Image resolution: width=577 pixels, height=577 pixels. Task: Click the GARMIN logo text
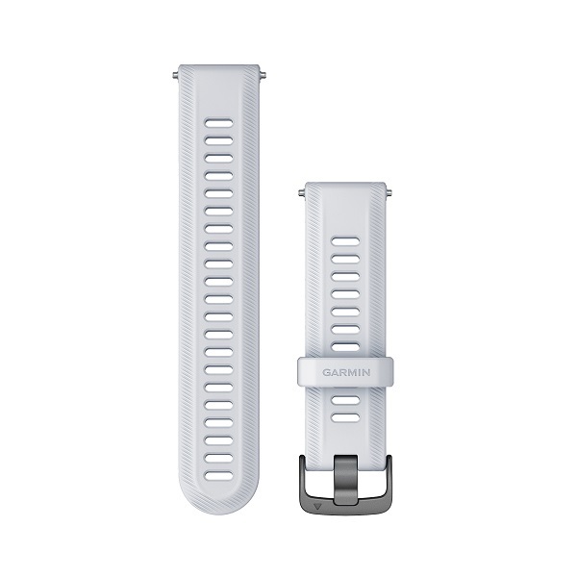point(346,372)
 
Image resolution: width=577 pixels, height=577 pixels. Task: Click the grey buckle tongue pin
point(345,480)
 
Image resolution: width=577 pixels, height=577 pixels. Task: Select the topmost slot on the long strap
point(219,123)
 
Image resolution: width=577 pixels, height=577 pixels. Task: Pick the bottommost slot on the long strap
point(219,476)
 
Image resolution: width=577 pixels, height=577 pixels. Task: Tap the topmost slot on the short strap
point(345,241)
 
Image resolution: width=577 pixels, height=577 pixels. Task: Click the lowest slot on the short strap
point(345,417)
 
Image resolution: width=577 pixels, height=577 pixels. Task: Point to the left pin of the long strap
point(176,76)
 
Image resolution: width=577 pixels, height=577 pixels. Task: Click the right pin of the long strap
point(263,76)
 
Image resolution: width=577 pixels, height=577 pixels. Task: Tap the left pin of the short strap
point(301,192)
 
